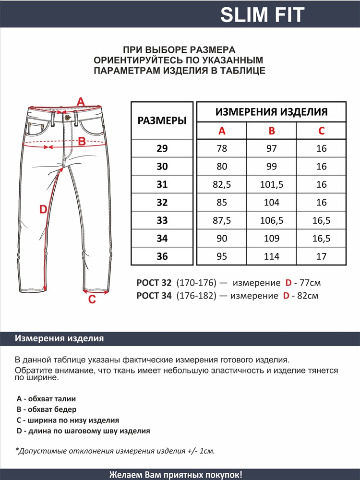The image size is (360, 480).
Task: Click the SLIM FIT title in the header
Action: pos(262,15)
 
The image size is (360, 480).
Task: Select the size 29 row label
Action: pos(162,148)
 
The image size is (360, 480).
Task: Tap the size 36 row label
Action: pos(162,256)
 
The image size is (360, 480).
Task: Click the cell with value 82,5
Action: pos(222,184)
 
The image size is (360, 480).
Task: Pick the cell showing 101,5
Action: pos(272,184)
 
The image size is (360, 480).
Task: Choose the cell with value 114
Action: pos(272,256)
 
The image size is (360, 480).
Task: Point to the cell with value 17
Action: pos(322,256)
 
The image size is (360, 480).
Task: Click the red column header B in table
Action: pos(272,131)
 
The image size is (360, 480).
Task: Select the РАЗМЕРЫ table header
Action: pos(162,120)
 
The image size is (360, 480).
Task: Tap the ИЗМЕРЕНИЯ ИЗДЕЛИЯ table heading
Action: pos(272,112)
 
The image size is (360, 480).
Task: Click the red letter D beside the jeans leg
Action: pos(43,209)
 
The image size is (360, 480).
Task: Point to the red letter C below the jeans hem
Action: pos(92,300)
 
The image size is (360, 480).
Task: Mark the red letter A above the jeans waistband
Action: pos(81,102)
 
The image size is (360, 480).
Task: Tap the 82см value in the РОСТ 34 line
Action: pos(308,296)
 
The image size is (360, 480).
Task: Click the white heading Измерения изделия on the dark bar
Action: pos(60,338)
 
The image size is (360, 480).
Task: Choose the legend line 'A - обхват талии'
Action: pos(46,398)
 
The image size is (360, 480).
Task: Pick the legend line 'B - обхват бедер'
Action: pos(46,409)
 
